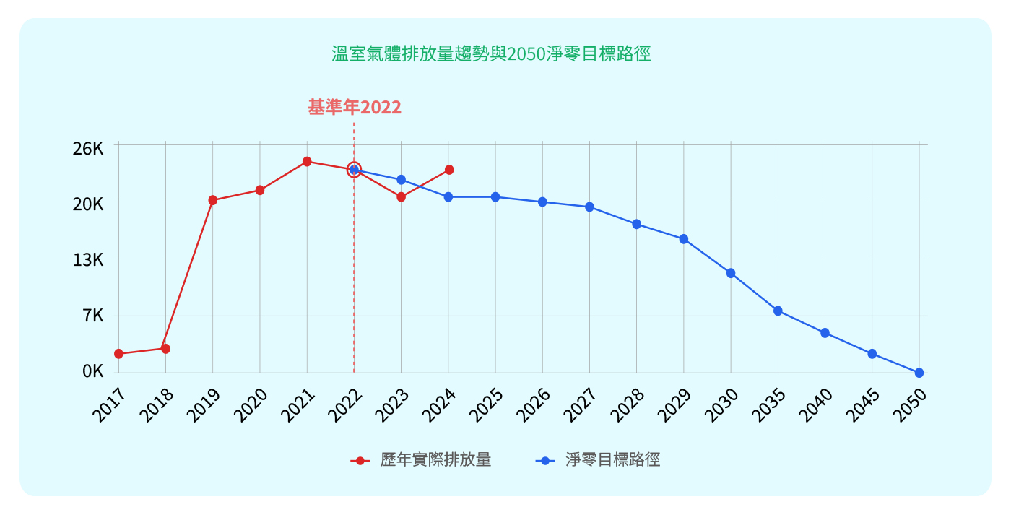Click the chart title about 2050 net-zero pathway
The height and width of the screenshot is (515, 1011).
tap(491, 54)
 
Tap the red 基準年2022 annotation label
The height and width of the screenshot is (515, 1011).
tap(355, 108)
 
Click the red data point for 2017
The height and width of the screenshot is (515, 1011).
tap(118, 354)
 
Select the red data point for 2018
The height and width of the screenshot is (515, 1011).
tap(165, 349)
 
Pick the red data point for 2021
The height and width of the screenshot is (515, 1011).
tap(307, 162)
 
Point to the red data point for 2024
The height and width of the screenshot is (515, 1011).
tap(449, 170)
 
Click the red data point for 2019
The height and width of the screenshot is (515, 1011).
tap(213, 200)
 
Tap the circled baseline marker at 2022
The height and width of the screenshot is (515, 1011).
tap(354, 170)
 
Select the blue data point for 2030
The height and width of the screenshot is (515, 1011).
tap(731, 273)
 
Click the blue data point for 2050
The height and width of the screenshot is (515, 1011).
tap(919, 373)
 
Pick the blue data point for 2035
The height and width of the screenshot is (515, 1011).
tap(778, 311)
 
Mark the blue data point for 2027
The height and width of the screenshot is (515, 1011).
tap(589, 207)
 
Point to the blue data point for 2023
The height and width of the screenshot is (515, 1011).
tap(402, 180)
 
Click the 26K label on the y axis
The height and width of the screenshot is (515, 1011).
tap(88, 149)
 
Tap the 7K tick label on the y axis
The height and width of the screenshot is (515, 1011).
tap(93, 316)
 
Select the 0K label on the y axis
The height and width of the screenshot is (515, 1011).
tap(93, 371)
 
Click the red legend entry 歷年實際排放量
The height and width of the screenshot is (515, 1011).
tap(421, 460)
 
